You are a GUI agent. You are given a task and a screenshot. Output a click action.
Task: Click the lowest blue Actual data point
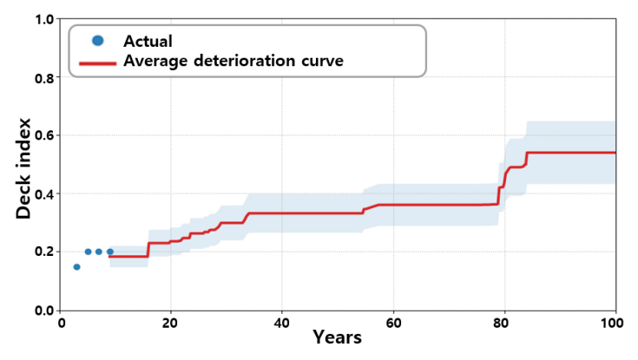pyautogui.click(x=76, y=267)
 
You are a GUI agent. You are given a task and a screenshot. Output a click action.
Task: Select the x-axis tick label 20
pyautogui.click(x=169, y=324)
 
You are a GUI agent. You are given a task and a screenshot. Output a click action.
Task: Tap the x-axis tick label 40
pyautogui.click(x=281, y=324)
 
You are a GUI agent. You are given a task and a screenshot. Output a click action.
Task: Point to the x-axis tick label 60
pyautogui.click(x=393, y=324)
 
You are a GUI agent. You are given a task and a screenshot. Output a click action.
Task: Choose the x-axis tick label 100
pyautogui.click(x=612, y=324)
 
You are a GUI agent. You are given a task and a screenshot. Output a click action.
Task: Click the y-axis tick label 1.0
pyautogui.click(x=45, y=20)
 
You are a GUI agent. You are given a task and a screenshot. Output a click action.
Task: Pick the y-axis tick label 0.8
pyautogui.click(x=45, y=78)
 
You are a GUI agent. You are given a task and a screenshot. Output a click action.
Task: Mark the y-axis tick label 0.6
pyautogui.click(x=45, y=135)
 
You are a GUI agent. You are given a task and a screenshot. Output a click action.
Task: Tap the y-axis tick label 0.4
pyautogui.click(x=45, y=194)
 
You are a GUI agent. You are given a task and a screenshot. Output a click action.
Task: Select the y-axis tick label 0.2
pyautogui.click(x=45, y=252)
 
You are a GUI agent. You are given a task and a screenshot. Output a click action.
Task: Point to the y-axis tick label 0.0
pyautogui.click(x=45, y=311)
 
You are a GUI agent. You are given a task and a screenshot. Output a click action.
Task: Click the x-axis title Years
pyautogui.click(x=338, y=337)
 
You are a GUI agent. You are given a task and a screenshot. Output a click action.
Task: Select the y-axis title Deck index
pyautogui.click(x=23, y=168)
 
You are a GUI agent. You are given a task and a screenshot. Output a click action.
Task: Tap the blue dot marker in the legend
pyautogui.click(x=97, y=40)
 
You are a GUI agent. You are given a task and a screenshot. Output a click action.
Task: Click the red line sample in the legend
pyautogui.click(x=97, y=63)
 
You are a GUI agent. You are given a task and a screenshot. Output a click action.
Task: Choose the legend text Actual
pyautogui.click(x=148, y=41)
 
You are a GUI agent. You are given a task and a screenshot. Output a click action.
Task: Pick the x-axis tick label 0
pyautogui.click(x=62, y=324)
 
